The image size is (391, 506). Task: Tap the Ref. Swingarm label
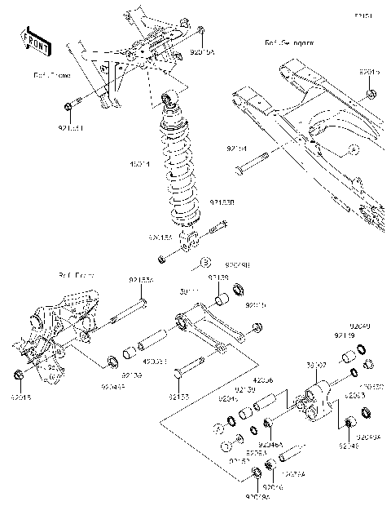(289, 41)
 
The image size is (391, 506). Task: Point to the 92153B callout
(222, 202)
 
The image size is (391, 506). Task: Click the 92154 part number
(236, 149)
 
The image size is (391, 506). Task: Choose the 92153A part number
(140, 279)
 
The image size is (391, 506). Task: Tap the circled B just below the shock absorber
(205, 264)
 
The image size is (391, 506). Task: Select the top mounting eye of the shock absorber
(170, 100)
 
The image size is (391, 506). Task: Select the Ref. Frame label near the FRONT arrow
(51, 75)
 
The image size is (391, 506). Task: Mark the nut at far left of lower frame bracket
(18, 375)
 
